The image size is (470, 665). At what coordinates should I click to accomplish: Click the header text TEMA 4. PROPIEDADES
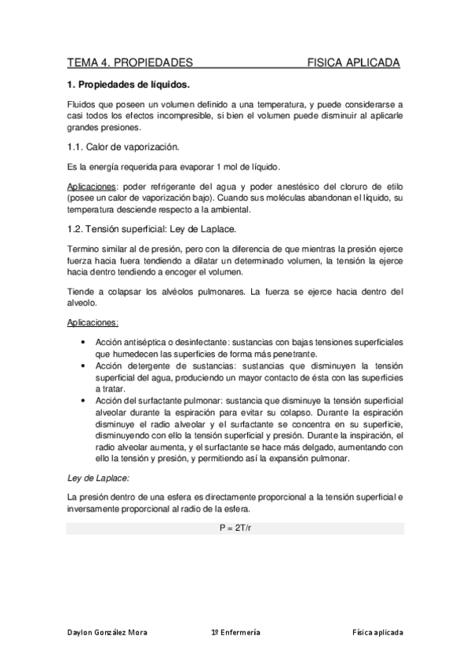click(130, 63)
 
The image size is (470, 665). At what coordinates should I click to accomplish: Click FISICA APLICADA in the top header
click(353, 63)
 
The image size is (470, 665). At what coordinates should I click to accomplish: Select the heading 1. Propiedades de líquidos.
click(129, 84)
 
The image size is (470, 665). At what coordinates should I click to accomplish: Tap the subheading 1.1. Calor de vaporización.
click(123, 147)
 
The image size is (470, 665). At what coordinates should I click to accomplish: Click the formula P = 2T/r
click(235, 529)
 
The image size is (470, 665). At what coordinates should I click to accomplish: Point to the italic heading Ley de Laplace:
click(99, 478)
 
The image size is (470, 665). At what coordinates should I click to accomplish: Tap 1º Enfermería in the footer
click(236, 632)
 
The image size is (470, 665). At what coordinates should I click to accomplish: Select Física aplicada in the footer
click(377, 632)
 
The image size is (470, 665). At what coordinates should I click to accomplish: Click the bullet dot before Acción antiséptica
click(84, 343)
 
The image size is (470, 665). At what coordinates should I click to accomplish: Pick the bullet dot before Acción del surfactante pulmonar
click(84, 399)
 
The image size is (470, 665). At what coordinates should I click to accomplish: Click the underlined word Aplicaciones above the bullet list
click(93, 322)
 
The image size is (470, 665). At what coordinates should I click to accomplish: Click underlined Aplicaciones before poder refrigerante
click(92, 187)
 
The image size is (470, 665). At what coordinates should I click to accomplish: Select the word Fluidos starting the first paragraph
click(82, 104)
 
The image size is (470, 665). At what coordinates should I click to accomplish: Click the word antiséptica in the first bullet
click(148, 343)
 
